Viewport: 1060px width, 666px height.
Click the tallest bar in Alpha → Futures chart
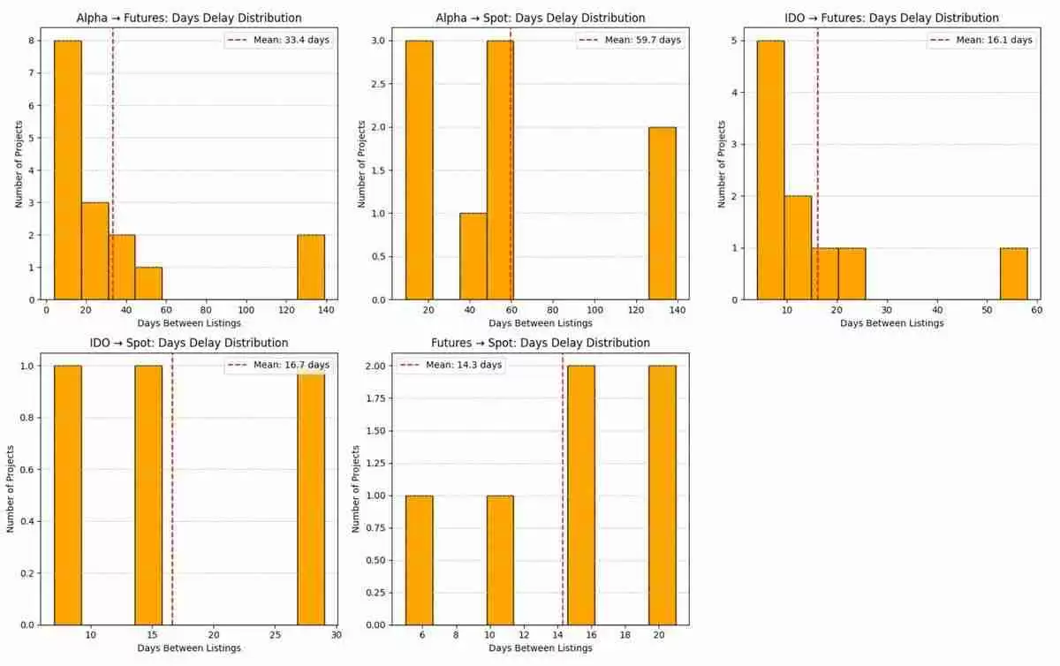tap(67, 170)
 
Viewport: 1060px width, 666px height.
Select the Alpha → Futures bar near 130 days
tap(311, 267)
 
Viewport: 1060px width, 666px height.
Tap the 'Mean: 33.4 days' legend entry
tap(279, 41)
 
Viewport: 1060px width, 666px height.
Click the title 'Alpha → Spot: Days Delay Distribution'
tap(541, 18)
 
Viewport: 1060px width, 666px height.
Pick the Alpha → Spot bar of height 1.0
tap(473, 256)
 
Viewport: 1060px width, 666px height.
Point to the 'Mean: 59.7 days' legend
tap(629, 41)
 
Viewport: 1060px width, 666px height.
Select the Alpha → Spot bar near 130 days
tap(662, 213)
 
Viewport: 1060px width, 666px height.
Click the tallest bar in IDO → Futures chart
tap(770, 170)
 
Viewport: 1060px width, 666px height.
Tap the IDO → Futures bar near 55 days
tap(1013, 273)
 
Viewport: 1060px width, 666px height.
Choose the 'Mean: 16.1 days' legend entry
tap(980, 41)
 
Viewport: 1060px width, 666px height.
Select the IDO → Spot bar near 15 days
tap(148, 495)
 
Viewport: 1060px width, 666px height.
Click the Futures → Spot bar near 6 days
tap(419, 560)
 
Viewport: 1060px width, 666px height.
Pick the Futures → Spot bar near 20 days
tap(662, 495)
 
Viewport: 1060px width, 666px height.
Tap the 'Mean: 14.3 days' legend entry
tap(451, 365)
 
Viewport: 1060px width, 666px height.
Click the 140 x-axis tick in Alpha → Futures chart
tap(327, 311)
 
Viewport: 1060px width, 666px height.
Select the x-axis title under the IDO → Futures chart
tap(891, 323)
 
